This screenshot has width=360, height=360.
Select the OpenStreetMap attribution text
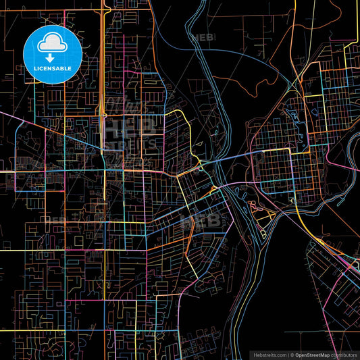(312, 354)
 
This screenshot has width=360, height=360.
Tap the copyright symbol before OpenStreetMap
(292, 354)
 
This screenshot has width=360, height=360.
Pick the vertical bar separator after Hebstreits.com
(287, 354)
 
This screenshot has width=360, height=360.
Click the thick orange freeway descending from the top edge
(103, 54)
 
